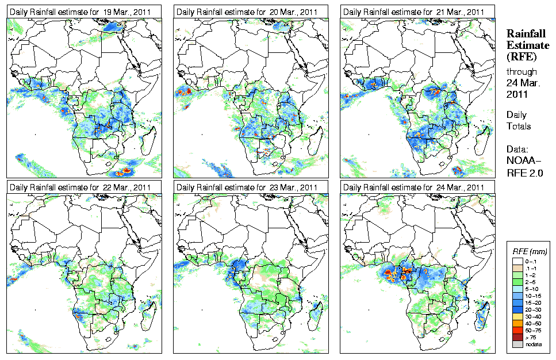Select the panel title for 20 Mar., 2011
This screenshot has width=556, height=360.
[x=247, y=12]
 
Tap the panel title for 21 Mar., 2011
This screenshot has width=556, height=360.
[x=413, y=12]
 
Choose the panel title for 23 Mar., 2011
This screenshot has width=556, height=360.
[x=247, y=187]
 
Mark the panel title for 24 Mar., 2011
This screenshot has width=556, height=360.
[x=413, y=187]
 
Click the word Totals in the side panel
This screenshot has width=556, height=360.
[x=519, y=126]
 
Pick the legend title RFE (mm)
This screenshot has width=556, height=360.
[x=530, y=251]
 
